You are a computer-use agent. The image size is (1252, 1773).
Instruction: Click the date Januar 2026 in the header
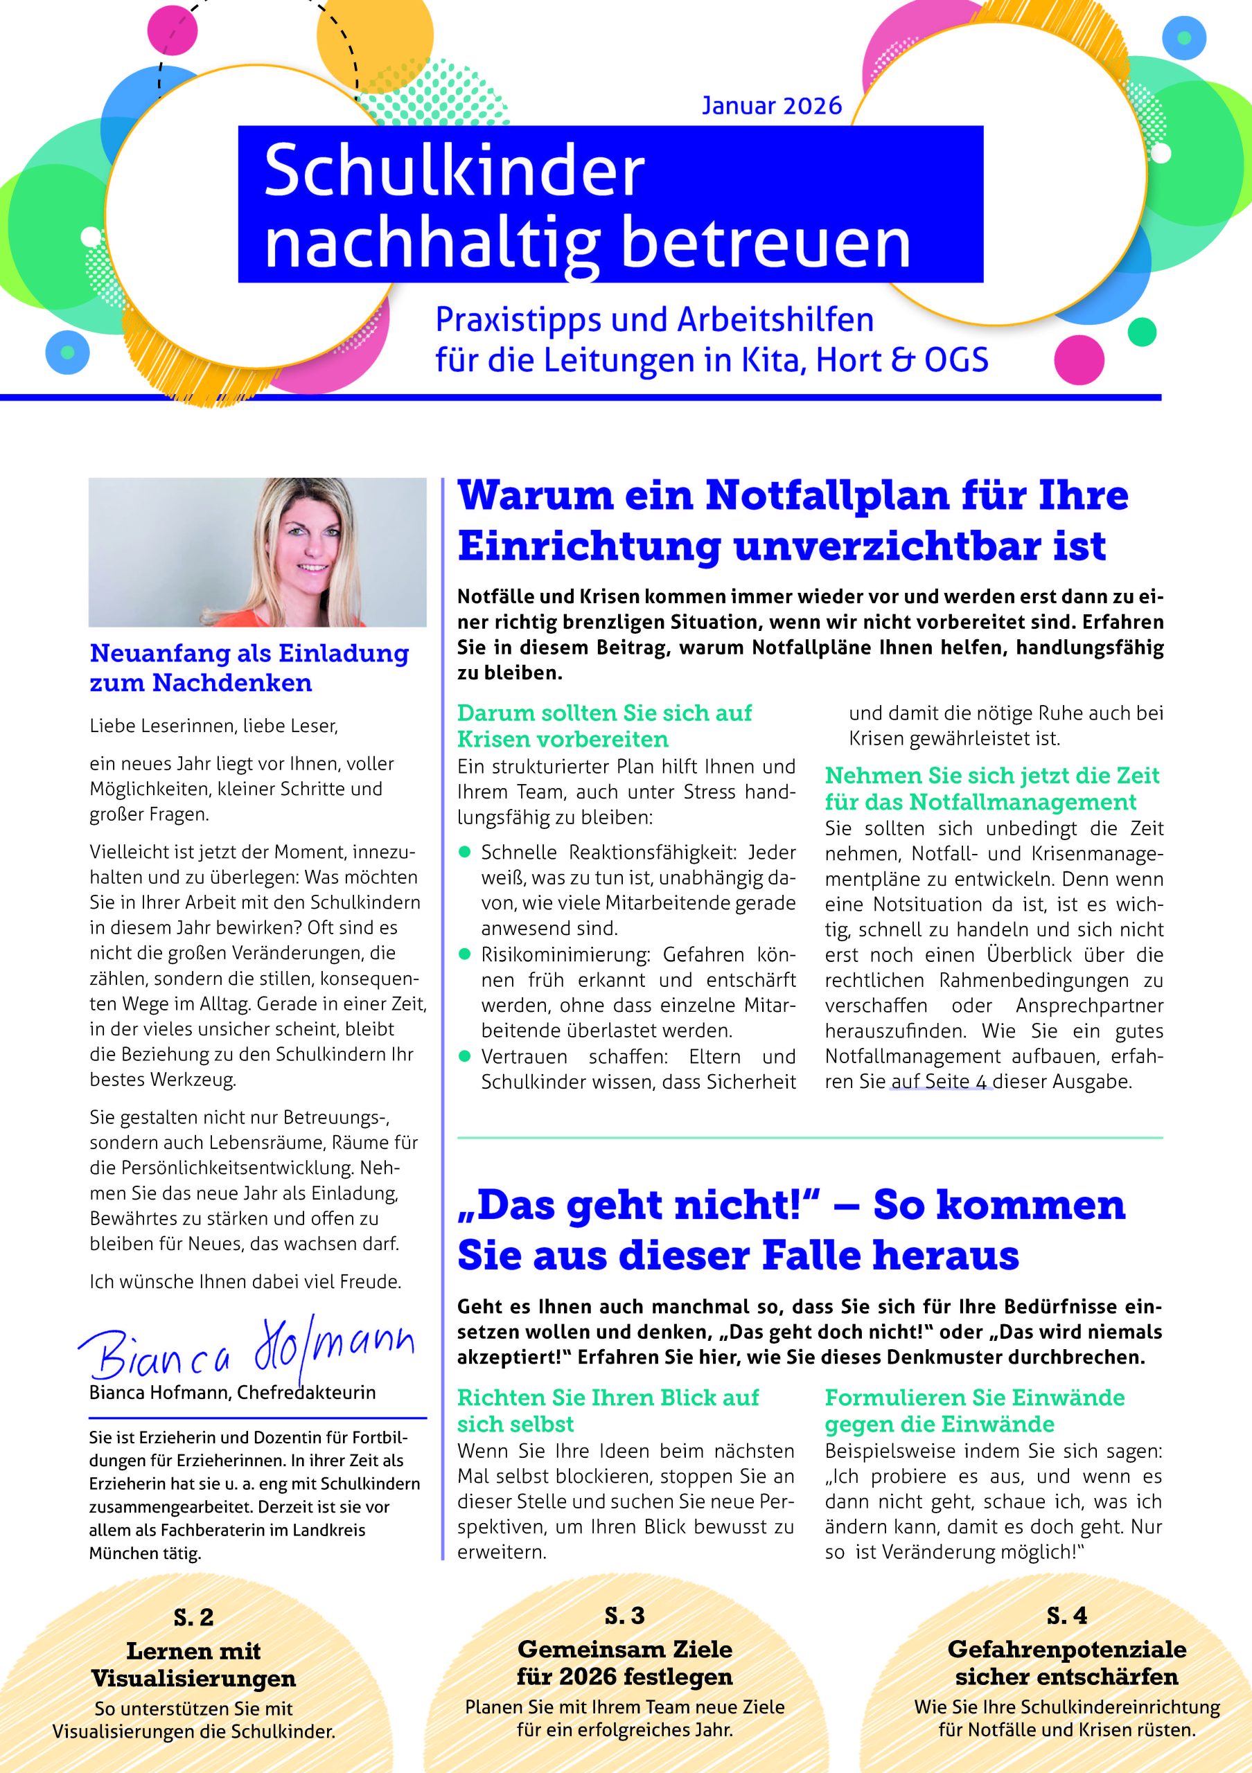click(x=771, y=105)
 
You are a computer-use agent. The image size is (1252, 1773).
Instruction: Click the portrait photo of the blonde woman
click(x=258, y=552)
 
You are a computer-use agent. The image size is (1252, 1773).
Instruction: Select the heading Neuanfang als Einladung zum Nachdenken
click(x=249, y=668)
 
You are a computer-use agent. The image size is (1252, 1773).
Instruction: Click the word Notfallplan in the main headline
click(x=827, y=496)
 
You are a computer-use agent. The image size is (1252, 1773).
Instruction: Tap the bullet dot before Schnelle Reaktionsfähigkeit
click(x=465, y=852)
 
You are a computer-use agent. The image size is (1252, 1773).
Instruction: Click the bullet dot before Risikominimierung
click(x=465, y=954)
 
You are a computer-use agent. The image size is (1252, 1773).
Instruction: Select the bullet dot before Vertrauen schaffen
click(x=465, y=1055)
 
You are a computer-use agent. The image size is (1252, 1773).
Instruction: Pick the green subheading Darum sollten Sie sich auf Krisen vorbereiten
click(x=604, y=726)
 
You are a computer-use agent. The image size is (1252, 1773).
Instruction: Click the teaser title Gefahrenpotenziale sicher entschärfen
click(x=1066, y=1663)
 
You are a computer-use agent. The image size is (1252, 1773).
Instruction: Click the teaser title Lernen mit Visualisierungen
click(x=194, y=1664)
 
